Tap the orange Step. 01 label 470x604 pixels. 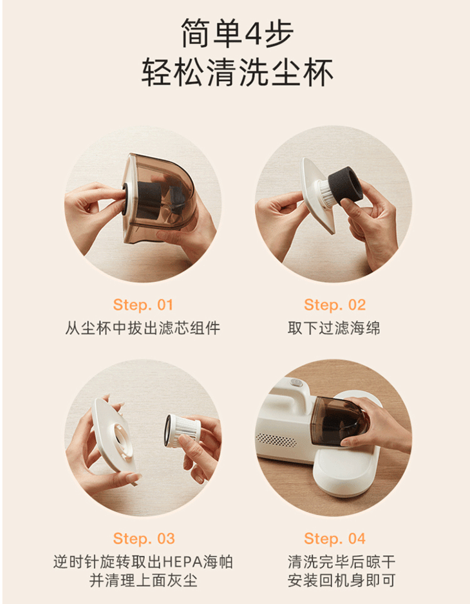143,305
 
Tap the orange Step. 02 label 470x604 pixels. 334,305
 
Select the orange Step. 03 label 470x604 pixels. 143,538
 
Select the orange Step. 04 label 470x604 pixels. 334,538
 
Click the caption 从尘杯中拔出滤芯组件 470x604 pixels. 143,328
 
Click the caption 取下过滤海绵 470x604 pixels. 334,328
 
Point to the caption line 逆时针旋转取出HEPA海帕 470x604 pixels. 143,562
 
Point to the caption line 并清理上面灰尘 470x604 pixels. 143,582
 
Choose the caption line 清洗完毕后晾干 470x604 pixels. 334,562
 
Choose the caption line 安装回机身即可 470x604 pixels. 334,582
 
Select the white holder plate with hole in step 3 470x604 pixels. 109,438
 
